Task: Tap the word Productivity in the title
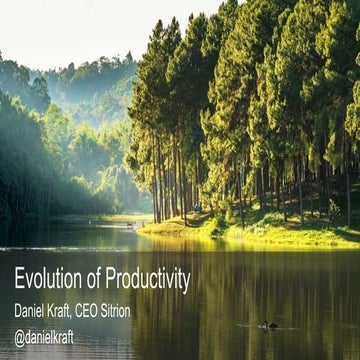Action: pos(143,282)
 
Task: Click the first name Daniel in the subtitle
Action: pos(31,312)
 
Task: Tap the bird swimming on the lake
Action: pos(268,325)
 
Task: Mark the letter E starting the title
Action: pos(19,282)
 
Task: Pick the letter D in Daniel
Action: pos(18,312)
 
